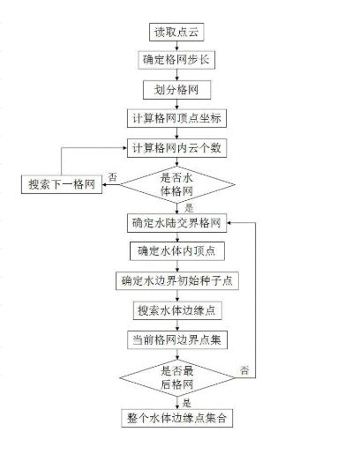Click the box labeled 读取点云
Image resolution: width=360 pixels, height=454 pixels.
click(176, 32)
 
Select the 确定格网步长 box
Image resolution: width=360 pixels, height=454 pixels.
click(176, 60)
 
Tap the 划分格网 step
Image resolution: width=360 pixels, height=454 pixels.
click(176, 90)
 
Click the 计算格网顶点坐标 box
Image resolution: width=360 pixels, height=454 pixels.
click(176, 118)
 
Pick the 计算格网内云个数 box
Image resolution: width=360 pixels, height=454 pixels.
click(176, 148)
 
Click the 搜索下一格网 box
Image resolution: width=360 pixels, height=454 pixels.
click(62, 184)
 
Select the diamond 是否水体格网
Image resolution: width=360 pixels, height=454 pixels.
click(177, 184)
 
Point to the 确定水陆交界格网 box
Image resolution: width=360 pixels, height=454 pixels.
click(176, 223)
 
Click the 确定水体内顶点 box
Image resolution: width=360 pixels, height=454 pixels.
click(177, 251)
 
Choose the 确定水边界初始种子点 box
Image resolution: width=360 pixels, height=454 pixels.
click(177, 281)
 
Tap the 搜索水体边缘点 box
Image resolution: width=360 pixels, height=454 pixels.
click(177, 310)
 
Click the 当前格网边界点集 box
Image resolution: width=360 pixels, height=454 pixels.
click(177, 340)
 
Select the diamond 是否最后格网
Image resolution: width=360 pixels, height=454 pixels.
click(177, 378)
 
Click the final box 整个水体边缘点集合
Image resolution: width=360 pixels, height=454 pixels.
click(177, 418)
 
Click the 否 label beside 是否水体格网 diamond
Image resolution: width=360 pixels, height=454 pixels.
click(113, 177)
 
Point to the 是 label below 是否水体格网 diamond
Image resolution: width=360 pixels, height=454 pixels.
click(189, 208)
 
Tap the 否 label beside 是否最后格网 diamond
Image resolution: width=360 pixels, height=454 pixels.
click(244, 370)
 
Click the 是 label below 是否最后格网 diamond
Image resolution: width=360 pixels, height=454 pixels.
click(187, 403)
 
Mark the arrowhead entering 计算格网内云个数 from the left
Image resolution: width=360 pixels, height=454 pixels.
click(125, 148)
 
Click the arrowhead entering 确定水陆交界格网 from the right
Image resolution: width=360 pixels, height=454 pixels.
click(229, 223)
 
